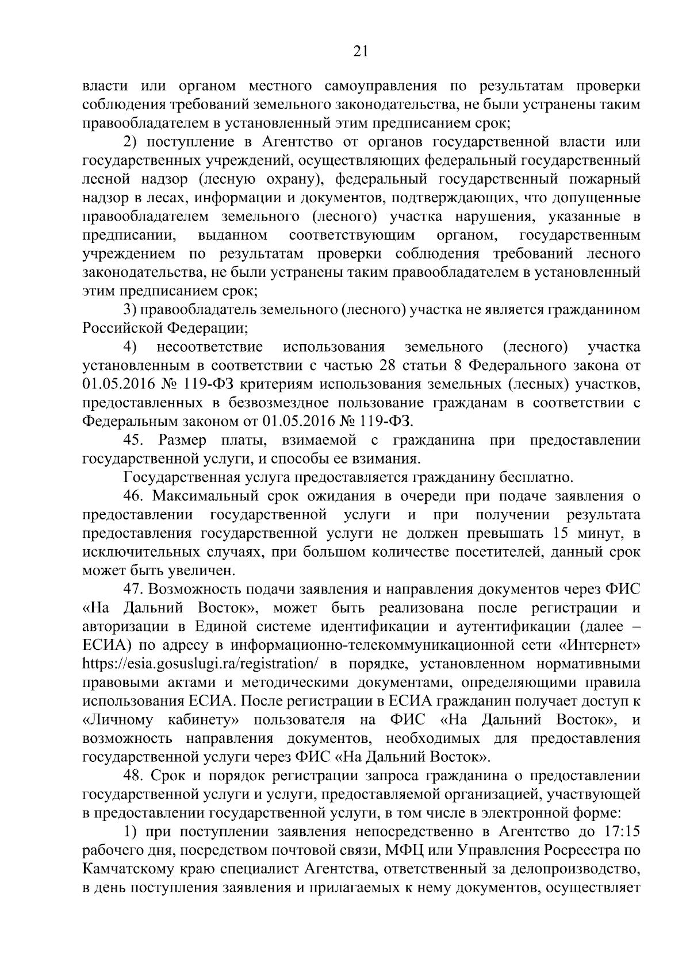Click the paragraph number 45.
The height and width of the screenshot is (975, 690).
click(x=136, y=441)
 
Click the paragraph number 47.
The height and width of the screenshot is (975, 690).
click(x=136, y=589)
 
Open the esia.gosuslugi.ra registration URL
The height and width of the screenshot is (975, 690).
click(x=201, y=664)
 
